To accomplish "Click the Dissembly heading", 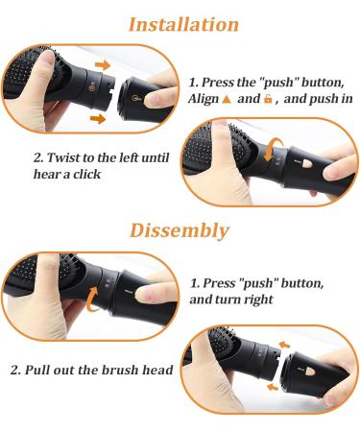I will coord(180,230).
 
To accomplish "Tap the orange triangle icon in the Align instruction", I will coord(227,100).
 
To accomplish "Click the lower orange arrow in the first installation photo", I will coord(97,119).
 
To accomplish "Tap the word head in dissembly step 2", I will coord(156,371).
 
